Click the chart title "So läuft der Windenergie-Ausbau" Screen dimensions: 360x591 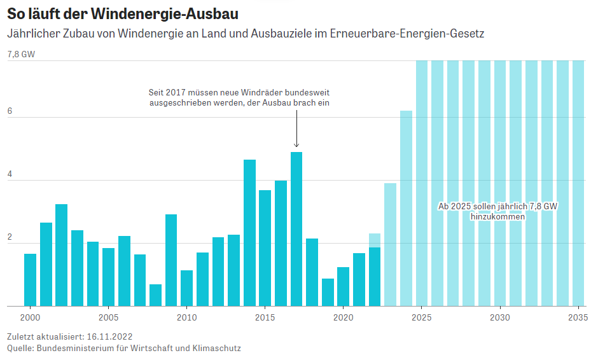[123, 13]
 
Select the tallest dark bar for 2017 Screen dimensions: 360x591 [296, 229]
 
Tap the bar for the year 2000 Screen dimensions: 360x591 [30, 280]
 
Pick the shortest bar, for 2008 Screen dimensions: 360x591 [155, 295]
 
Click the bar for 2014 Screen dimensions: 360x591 [249, 233]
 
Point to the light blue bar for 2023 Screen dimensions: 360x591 [390, 245]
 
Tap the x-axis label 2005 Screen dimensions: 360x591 [108, 317]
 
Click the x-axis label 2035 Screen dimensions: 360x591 [577, 317]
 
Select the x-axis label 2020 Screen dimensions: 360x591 [343, 317]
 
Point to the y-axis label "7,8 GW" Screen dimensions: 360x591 [21, 55]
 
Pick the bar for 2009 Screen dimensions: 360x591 [171, 260]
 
